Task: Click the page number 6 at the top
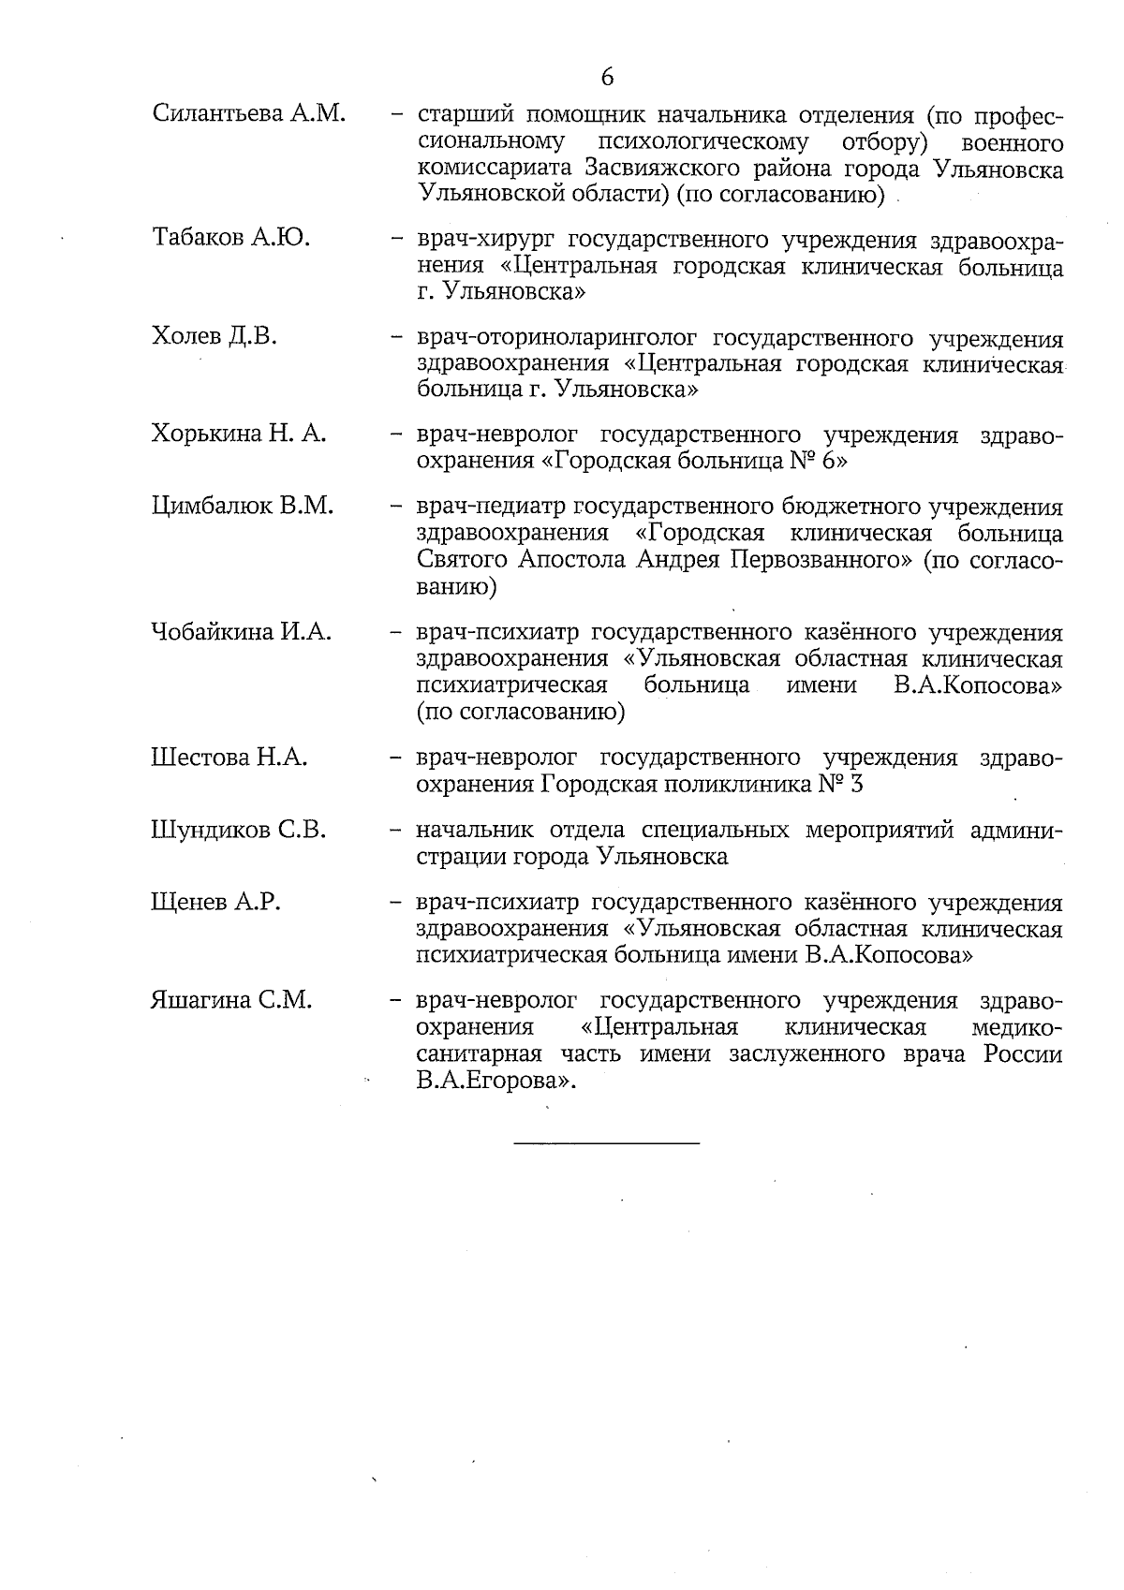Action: [x=607, y=78]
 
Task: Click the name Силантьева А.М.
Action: [x=248, y=114]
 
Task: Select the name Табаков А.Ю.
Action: [x=230, y=237]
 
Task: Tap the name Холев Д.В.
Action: [x=214, y=335]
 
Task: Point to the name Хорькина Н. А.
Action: [x=238, y=434]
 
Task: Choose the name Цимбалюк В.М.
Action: [x=242, y=507]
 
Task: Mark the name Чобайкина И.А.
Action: [x=241, y=632]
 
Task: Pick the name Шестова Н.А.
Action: [x=229, y=757]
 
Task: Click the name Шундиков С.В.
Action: [x=238, y=830]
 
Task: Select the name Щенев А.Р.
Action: [x=215, y=903]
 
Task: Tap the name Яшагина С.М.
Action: [x=230, y=1000]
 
